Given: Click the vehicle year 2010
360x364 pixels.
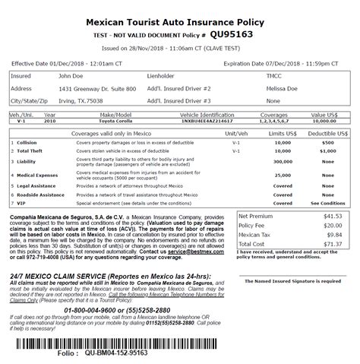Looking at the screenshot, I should pos(50,120).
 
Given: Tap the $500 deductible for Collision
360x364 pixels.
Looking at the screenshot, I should pos(327,142).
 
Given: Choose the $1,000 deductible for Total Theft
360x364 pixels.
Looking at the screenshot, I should pos(327,152).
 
